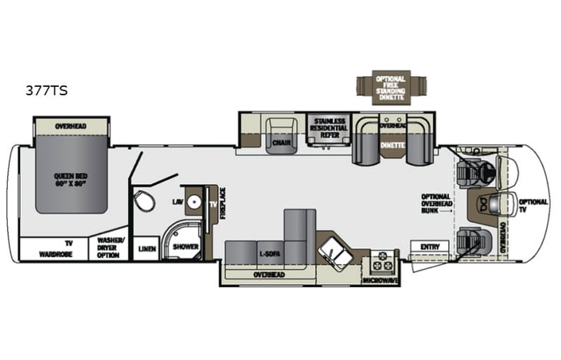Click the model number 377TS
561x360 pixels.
point(47,91)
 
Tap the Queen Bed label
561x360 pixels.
point(71,178)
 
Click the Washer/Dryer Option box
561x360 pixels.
point(108,248)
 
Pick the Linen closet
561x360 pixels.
point(146,249)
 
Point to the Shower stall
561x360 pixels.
point(184,247)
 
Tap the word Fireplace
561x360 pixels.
point(223,203)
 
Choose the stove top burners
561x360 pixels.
point(381,262)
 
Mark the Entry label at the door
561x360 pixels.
point(429,246)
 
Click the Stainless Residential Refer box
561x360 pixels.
point(329,127)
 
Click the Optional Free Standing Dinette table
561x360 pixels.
point(391,88)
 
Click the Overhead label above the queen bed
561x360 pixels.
point(71,126)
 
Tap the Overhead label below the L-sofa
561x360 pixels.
point(270,274)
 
